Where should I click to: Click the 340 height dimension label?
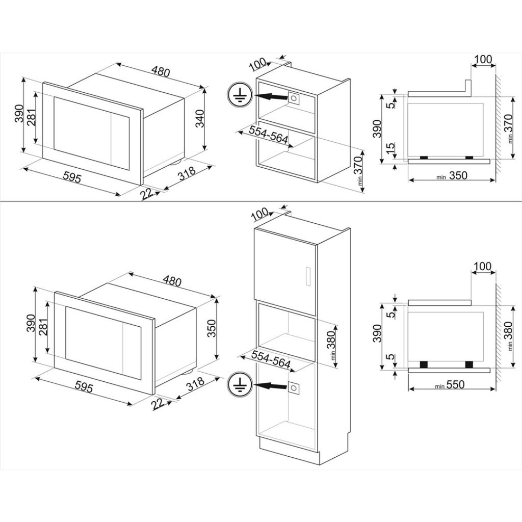[x=200, y=118]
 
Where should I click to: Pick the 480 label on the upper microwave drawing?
[x=160, y=72]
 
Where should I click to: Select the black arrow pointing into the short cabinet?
[x=270, y=96]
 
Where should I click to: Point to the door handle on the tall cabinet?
[x=307, y=275]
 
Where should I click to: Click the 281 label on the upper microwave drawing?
[x=32, y=119]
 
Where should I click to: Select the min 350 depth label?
[x=451, y=175]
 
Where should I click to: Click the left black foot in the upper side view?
[x=423, y=158]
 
